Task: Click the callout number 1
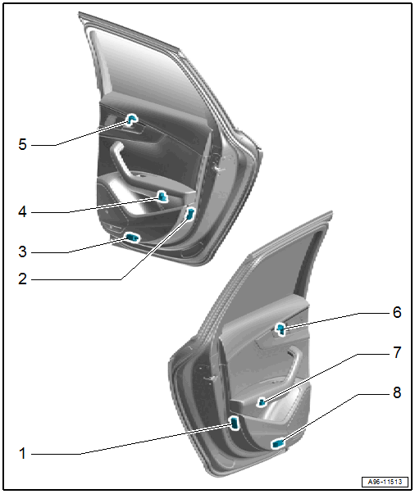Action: pyautogui.click(x=22, y=454)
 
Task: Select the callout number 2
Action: pyautogui.click(x=22, y=279)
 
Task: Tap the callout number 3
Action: pyautogui.click(x=22, y=252)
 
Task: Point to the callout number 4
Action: pyautogui.click(x=22, y=211)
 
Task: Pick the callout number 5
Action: pyautogui.click(x=22, y=144)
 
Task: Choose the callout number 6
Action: pyautogui.click(x=397, y=312)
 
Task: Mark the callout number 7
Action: pyautogui.click(x=397, y=352)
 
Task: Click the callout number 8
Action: pyautogui.click(x=397, y=392)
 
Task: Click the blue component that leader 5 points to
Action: pyautogui.click(x=132, y=120)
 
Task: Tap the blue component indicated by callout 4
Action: pyautogui.click(x=162, y=197)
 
